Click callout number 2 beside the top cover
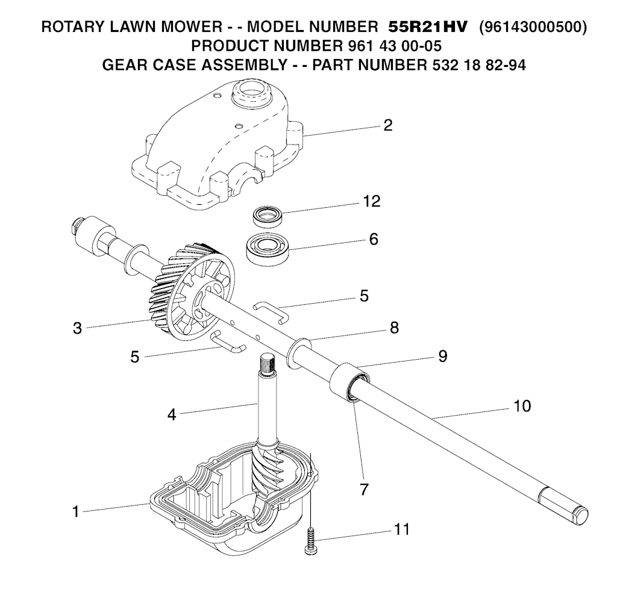click(x=387, y=125)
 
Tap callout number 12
click(x=371, y=201)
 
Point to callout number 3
click(x=78, y=328)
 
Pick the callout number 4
click(x=172, y=414)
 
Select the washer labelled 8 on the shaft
click(x=300, y=354)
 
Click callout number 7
click(x=364, y=489)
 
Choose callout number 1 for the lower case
click(x=75, y=512)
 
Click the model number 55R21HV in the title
click(x=427, y=27)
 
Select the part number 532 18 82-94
click(x=476, y=64)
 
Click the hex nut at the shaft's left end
click(x=74, y=228)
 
